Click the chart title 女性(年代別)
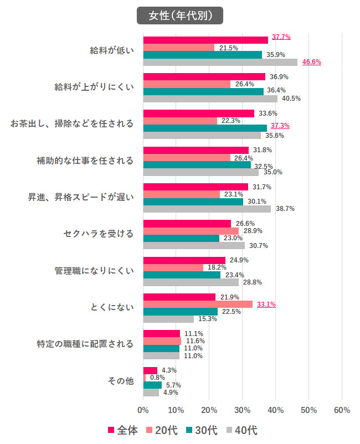[x=180, y=16]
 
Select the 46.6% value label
[x=312, y=62]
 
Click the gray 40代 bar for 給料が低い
[x=220, y=62]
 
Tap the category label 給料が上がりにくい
[x=94, y=87]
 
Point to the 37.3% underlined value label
[x=280, y=126]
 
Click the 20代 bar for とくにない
[x=198, y=304]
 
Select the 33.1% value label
[x=266, y=304]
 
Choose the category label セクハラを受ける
[x=99, y=234]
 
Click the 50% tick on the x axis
[x=308, y=410]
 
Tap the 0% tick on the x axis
[x=143, y=410]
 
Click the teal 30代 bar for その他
[x=152, y=385]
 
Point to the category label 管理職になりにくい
[x=94, y=271]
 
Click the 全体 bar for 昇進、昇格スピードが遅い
[x=196, y=187]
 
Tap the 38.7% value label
[x=285, y=209]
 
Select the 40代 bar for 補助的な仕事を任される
[x=200, y=172]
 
